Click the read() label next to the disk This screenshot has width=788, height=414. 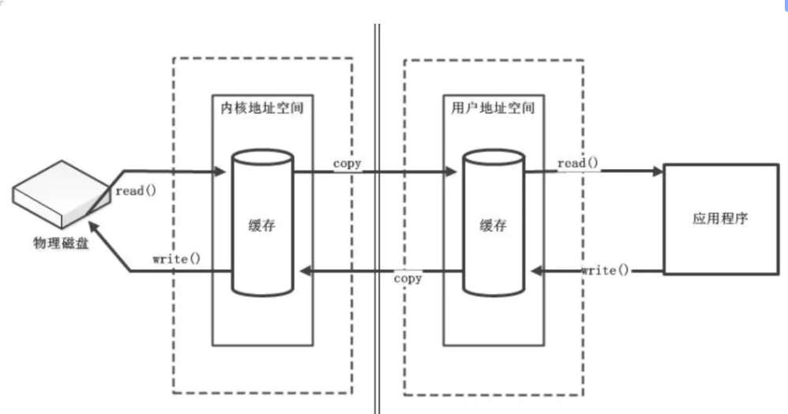point(137,190)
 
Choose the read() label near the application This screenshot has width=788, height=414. point(579,164)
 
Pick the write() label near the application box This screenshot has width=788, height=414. point(606,270)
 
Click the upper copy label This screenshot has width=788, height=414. point(347,164)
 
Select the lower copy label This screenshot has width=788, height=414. point(407,278)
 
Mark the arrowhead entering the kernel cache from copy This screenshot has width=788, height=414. point(301,272)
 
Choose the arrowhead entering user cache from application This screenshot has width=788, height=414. point(535,272)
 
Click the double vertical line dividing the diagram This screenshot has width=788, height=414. point(377,213)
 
